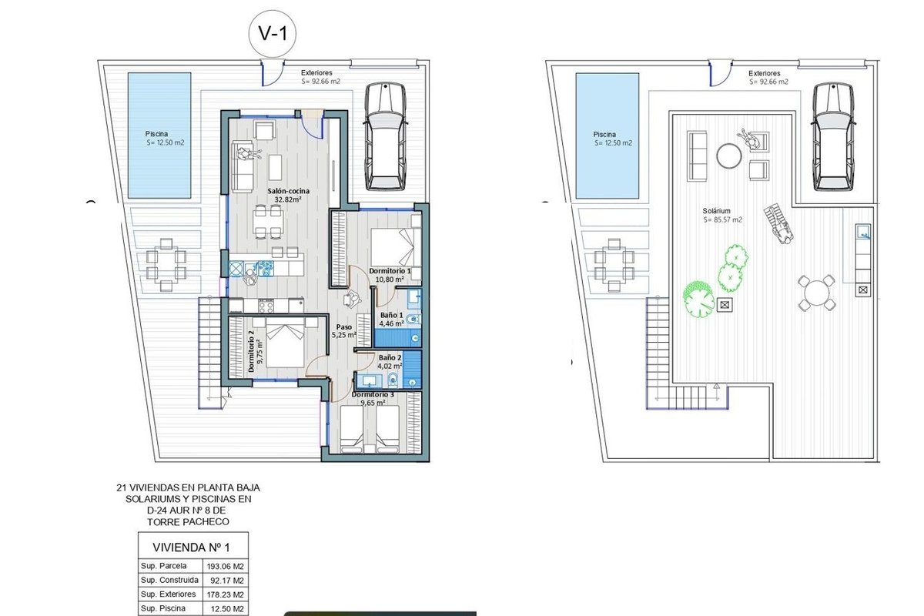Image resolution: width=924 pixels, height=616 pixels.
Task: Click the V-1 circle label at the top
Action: (x=273, y=33)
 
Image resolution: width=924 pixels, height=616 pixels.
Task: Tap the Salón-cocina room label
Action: (x=288, y=191)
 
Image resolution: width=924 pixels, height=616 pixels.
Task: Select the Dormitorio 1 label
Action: (x=390, y=271)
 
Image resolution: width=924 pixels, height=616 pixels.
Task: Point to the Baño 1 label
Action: (x=391, y=315)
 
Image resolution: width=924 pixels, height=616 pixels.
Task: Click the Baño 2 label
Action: (x=390, y=358)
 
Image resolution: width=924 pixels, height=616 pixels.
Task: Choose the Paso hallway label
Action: (x=343, y=326)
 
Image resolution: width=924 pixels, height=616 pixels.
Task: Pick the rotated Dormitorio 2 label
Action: (x=251, y=351)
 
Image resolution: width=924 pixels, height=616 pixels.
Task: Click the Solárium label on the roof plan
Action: (x=717, y=211)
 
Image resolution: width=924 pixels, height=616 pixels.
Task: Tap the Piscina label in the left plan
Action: (x=156, y=134)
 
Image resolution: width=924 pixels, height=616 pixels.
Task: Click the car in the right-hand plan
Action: (x=834, y=136)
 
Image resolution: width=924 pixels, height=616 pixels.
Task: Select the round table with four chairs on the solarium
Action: (x=816, y=293)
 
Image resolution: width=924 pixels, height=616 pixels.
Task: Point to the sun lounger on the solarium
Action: (x=778, y=225)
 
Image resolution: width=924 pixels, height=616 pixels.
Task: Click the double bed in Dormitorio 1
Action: (x=396, y=246)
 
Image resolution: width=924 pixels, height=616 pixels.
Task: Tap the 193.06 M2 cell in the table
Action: (x=225, y=567)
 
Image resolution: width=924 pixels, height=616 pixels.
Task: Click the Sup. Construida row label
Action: (x=169, y=580)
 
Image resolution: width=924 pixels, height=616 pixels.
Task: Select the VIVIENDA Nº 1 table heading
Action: (x=191, y=547)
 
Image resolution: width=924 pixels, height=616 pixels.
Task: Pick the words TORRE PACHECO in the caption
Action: (x=188, y=522)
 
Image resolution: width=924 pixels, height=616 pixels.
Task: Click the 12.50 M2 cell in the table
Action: (x=227, y=609)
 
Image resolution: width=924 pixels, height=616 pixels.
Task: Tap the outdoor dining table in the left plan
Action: (x=166, y=264)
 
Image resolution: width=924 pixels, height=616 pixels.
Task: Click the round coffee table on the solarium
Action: (x=729, y=156)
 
